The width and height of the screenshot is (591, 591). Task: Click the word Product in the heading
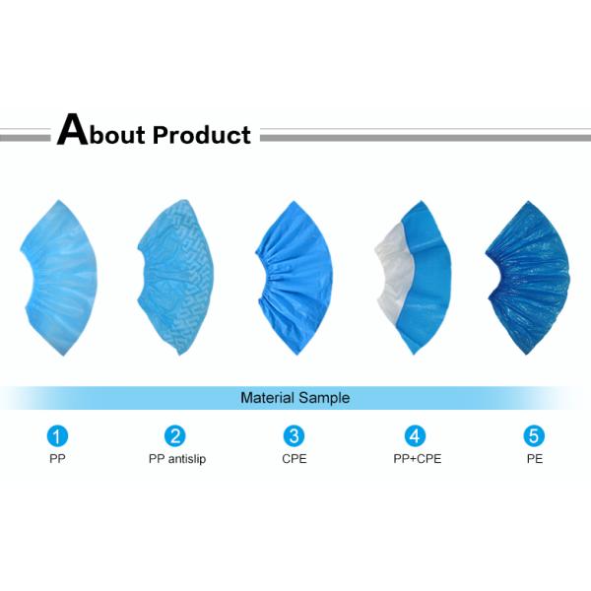[x=202, y=134]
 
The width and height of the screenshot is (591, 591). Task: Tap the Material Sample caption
[x=295, y=399]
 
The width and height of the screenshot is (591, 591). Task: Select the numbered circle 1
[x=59, y=435]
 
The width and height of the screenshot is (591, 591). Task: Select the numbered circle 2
[x=175, y=435]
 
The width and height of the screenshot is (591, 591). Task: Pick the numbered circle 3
[x=294, y=435]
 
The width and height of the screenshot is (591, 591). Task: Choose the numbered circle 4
[x=414, y=435]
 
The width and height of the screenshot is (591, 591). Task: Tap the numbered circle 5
[x=533, y=435]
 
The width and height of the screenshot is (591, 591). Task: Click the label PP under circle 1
[x=59, y=459]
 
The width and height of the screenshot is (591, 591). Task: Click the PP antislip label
[x=177, y=459]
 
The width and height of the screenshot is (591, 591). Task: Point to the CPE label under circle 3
[x=294, y=459]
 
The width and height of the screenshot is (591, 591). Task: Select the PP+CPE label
[x=414, y=459]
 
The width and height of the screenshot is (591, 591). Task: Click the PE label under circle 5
[x=533, y=459]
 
